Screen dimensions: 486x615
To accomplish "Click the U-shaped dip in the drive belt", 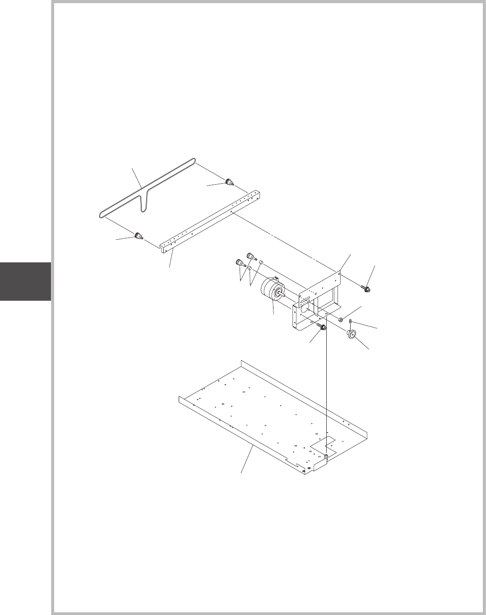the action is (143, 205).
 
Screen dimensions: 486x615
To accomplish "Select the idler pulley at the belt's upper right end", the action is (230, 182).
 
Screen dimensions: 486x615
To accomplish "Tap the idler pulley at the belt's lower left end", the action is (138, 236).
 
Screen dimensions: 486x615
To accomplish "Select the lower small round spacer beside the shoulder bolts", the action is (250, 268).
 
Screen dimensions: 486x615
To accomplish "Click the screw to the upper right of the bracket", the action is (366, 288).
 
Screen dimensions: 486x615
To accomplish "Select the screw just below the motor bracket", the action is (323, 327).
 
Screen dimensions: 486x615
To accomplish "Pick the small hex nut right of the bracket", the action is (341, 320).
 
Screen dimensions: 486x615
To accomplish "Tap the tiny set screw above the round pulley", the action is (351, 321).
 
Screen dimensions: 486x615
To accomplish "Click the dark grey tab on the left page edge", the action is (25, 281).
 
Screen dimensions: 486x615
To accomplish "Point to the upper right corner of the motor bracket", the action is (339, 272).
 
